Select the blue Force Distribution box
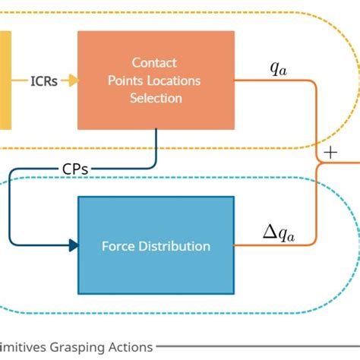click(x=156, y=245)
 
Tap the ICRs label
click(x=44, y=81)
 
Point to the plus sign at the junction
click(x=330, y=153)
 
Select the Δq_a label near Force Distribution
click(x=278, y=234)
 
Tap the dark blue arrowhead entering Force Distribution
click(x=74, y=245)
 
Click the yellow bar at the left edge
click(x=5, y=80)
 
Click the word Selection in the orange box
click(x=156, y=98)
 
